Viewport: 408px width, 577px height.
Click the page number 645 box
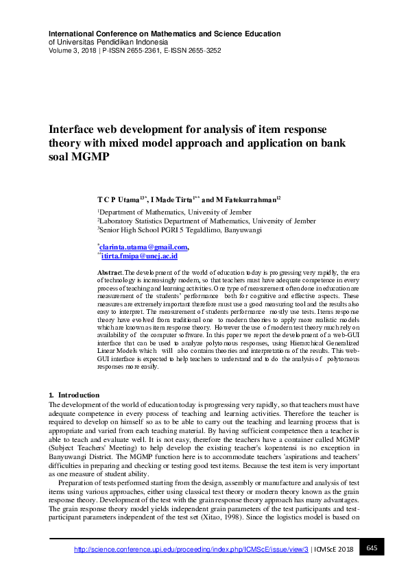tap(371, 548)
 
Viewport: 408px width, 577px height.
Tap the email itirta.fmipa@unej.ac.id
tap(139, 256)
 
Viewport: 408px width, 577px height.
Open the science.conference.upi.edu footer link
tap(190, 549)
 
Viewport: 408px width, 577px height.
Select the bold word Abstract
tap(110, 273)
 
